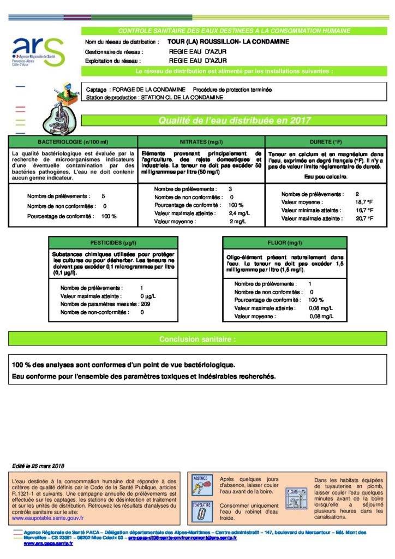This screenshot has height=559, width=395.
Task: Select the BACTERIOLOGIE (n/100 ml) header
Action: pos(72,141)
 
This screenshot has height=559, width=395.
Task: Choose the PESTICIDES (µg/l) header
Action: pos(113,242)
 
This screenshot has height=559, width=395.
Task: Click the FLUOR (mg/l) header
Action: pos(284,242)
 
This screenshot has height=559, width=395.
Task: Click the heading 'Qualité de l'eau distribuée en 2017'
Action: pos(234,121)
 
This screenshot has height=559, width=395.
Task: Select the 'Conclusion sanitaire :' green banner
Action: pos(197,339)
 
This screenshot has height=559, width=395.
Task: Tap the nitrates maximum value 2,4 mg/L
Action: pos(239,213)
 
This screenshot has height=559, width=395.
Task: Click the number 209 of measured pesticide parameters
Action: pos(145,304)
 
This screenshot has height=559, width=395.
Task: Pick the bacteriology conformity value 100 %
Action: pos(109,217)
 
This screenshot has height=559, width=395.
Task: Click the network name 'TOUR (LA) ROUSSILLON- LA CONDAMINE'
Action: pos(228,41)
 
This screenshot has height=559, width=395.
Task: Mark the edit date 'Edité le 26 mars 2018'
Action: pos(38,466)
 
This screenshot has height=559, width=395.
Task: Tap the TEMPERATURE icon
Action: pos(201,511)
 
